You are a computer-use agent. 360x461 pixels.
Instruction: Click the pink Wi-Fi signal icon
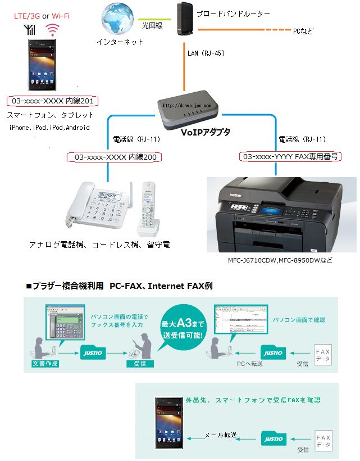click(53, 29)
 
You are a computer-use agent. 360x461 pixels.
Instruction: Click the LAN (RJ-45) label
click(206, 53)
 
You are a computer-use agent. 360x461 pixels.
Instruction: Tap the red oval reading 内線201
click(53, 101)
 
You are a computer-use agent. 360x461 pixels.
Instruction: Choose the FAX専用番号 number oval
click(290, 157)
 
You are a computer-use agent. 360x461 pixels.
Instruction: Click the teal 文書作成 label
click(45, 364)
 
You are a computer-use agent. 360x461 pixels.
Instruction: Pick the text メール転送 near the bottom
click(220, 435)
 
